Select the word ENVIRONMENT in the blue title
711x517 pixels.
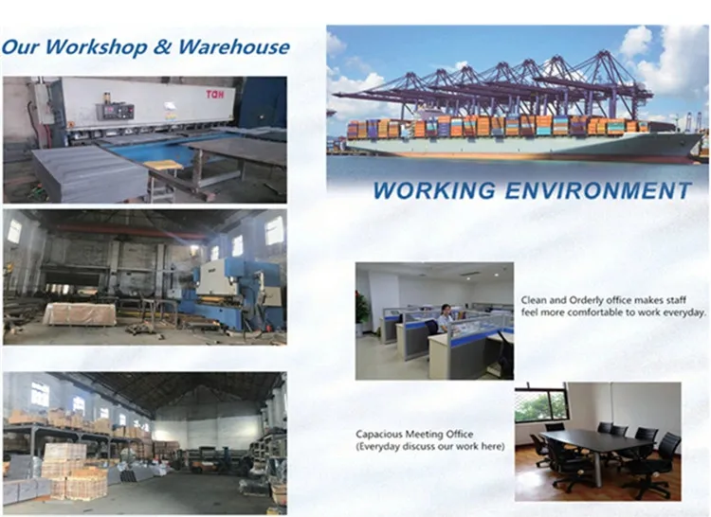tap(597, 189)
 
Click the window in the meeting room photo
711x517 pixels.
tap(540, 405)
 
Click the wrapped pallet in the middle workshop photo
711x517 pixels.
tap(80, 313)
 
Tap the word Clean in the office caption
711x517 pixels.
tap(534, 301)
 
